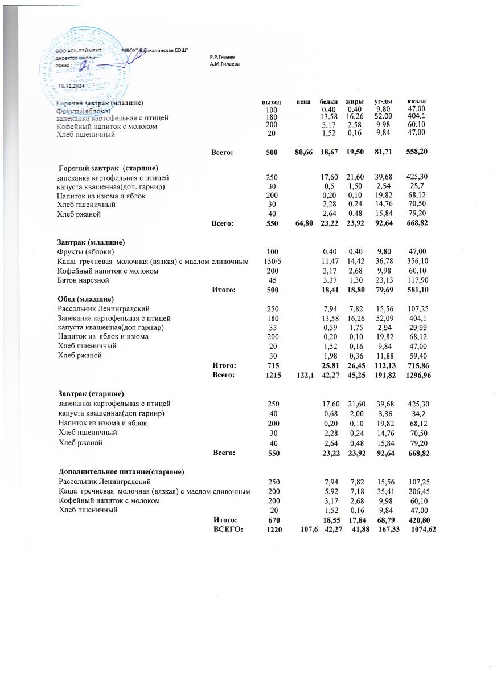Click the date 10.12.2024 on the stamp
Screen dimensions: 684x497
click(x=72, y=85)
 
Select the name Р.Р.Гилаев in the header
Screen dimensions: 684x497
click(x=223, y=58)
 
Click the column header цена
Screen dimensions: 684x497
click(x=303, y=101)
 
